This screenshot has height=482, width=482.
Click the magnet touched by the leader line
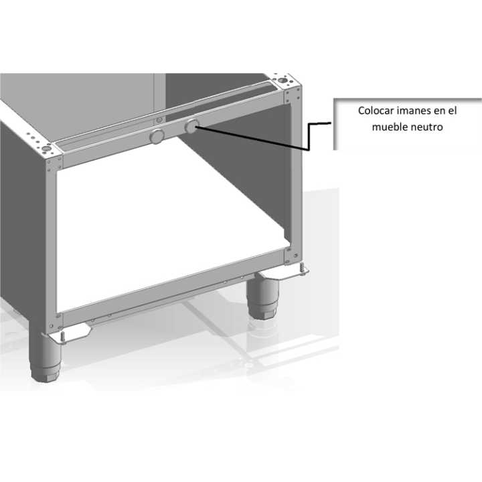[x=191, y=126]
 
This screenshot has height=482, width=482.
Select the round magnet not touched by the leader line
[x=157, y=137]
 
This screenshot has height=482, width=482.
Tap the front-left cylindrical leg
[x=45, y=357]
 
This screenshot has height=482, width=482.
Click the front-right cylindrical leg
[x=264, y=297]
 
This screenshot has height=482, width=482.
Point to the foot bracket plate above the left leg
[x=68, y=333]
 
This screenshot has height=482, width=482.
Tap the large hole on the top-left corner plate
[x=46, y=149]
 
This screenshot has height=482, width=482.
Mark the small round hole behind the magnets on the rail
[x=159, y=120]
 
